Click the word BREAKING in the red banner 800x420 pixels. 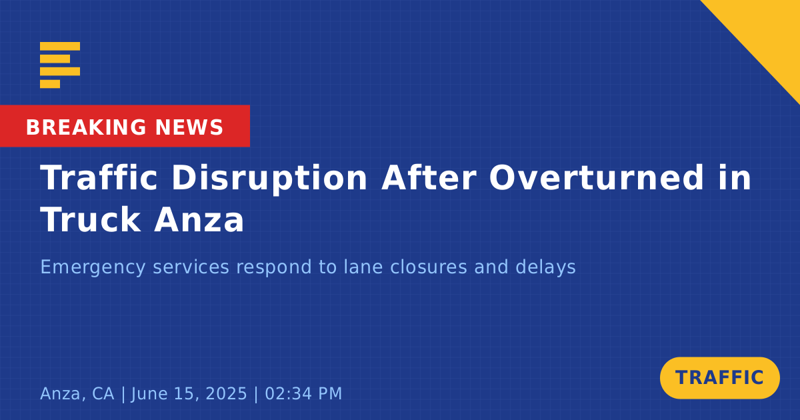click(86, 127)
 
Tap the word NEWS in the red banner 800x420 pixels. click(189, 127)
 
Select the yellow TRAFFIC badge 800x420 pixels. click(719, 377)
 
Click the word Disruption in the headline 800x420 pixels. click(269, 178)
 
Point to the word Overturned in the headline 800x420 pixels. click(597, 178)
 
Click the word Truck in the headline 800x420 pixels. click(91, 219)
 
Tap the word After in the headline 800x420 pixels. click(429, 178)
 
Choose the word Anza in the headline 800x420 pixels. click(199, 219)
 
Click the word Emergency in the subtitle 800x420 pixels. click(93, 267)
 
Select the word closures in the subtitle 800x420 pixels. click(428, 267)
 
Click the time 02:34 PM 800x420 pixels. click(303, 393)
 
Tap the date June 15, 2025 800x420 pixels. click(189, 394)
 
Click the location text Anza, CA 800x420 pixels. click(77, 394)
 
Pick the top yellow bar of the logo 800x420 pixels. click(60, 46)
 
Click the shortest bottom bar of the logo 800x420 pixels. click(50, 84)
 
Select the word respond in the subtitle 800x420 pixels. click(271, 267)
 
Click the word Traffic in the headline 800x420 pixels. click(99, 178)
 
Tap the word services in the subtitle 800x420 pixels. click(191, 267)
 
